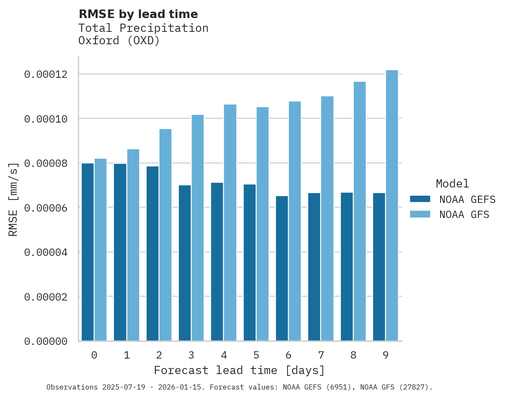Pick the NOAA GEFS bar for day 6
(x=282, y=268)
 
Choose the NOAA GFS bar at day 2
(x=165, y=235)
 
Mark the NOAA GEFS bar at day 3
(x=185, y=263)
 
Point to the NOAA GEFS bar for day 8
(x=347, y=267)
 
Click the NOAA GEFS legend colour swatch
(x=420, y=199)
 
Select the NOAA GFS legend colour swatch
(x=420, y=214)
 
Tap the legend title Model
(x=452, y=184)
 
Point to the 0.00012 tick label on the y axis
(x=46, y=74)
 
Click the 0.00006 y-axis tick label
(x=46, y=208)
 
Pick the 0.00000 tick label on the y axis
(x=46, y=341)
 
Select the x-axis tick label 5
(x=256, y=355)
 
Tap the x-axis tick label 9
(x=386, y=355)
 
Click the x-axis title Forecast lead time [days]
(x=239, y=370)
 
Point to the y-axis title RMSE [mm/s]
(x=13, y=199)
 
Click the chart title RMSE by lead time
(x=138, y=14)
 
